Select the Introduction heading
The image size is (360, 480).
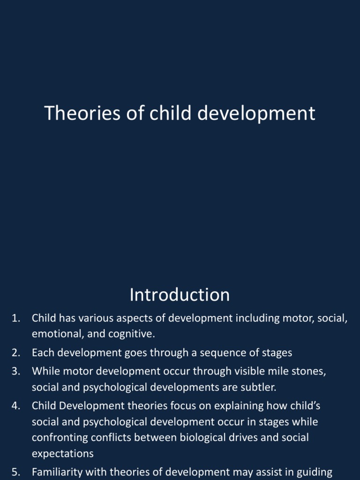(180, 295)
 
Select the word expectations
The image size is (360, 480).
(62, 454)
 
